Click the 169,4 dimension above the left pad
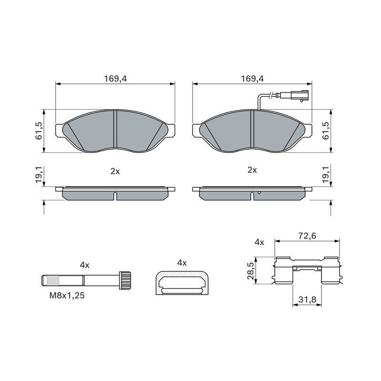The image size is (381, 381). point(115,79)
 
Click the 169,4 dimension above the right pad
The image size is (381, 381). point(252,79)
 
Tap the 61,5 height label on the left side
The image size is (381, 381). point(39,130)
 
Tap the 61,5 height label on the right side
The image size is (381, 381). point(326,130)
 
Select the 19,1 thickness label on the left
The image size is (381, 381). point(39,175)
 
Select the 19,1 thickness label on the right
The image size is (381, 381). point(326,175)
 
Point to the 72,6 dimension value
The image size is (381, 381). point(307,236)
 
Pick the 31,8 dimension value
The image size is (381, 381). point(307,300)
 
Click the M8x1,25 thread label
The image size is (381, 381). point(67,295)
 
